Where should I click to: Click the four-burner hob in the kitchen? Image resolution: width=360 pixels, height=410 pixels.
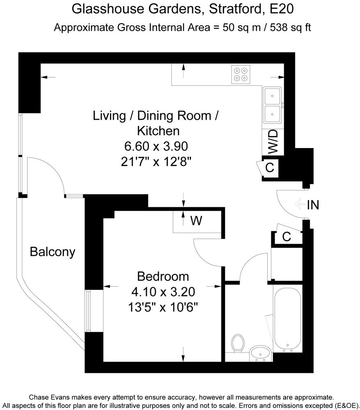(x=241, y=75)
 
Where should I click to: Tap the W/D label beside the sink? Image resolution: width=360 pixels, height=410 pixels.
(x=273, y=142)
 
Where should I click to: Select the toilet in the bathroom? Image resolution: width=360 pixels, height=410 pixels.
(x=238, y=343)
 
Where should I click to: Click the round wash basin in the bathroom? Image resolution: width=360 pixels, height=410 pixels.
(x=260, y=353)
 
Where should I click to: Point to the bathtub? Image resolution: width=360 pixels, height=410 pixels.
(x=287, y=318)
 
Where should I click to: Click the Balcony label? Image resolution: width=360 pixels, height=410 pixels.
(x=53, y=252)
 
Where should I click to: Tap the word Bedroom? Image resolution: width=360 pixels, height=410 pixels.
(x=163, y=276)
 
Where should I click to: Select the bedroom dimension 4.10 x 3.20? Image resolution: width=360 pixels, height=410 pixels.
(x=163, y=292)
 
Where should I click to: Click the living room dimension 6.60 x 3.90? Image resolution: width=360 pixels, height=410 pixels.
(x=156, y=146)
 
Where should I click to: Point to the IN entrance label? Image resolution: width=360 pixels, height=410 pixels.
(x=313, y=205)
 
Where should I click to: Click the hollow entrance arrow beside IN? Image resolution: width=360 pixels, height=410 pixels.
(x=300, y=204)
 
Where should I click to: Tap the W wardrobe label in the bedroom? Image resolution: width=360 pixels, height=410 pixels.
(x=196, y=221)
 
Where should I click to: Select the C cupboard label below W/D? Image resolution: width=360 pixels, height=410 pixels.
(x=270, y=168)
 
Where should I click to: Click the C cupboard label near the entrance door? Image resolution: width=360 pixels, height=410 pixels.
(x=287, y=237)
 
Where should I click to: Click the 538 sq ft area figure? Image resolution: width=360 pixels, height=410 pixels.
(x=290, y=27)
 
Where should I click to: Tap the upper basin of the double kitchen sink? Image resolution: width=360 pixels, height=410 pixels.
(x=272, y=96)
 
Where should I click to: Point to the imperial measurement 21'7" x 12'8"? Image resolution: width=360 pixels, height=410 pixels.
(x=156, y=162)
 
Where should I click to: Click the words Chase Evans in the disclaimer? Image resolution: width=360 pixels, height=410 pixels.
(x=50, y=397)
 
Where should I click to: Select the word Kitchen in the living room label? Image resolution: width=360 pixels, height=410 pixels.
(x=158, y=131)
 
